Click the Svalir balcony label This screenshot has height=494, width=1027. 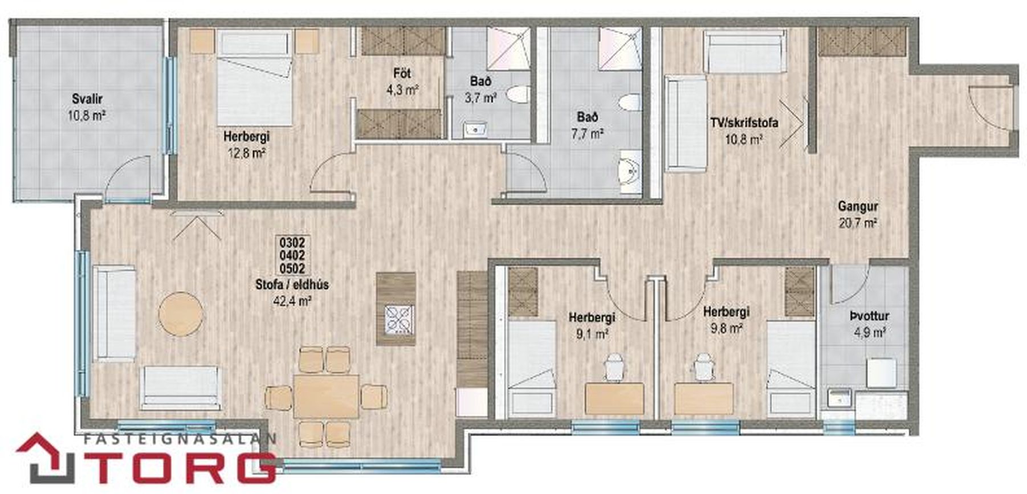tap(87, 99)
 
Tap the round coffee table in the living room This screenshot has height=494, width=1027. tap(181, 313)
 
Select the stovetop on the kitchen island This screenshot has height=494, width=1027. tap(398, 320)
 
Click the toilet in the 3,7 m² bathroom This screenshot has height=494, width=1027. tap(518, 95)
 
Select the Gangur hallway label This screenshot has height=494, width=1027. tap(857, 206)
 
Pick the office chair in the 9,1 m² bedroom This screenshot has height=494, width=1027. tap(614, 366)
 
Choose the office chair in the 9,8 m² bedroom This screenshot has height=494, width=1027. tap(703, 366)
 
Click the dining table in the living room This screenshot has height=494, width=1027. tap(326, 396)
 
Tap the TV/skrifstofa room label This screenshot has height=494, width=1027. tap(744, 122)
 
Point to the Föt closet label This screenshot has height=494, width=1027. tap(402, 74)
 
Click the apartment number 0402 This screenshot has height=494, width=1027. tap(292, 255)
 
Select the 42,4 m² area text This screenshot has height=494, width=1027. tap(292, 300)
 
